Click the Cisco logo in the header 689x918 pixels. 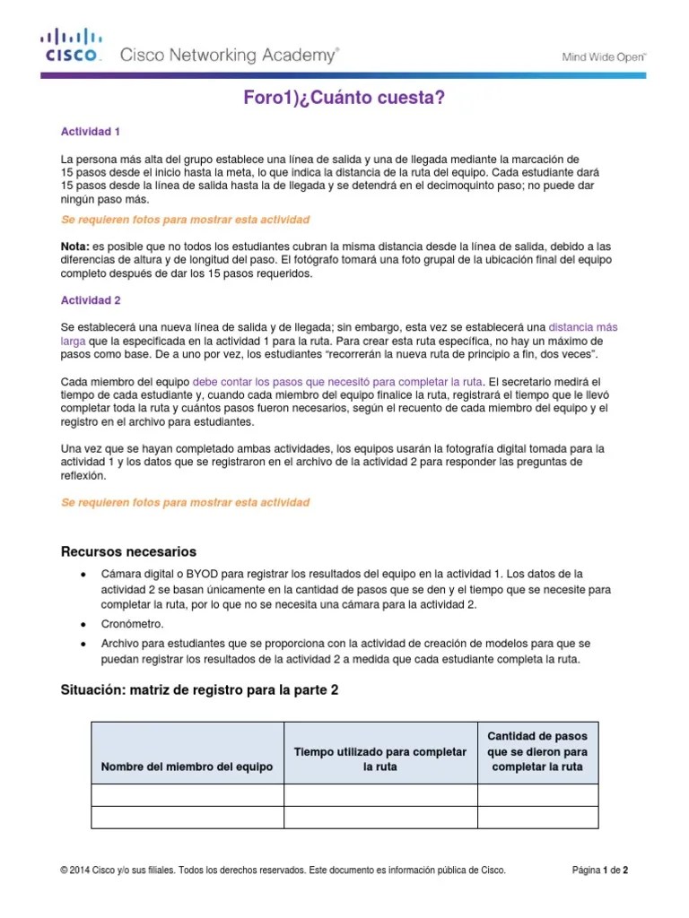(73, 44)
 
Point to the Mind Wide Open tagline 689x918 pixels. (604, 56)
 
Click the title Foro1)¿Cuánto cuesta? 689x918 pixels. (344, 99)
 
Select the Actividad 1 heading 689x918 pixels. (90, 132)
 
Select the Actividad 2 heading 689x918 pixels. (90, 300)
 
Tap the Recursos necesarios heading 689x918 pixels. (127, 551)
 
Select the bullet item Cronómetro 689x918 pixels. (132, 624)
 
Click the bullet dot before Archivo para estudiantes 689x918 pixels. (83, 645)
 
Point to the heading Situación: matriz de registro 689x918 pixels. (198, 690)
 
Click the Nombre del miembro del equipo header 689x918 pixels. (187, 767)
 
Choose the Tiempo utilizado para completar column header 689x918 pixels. (380, 758)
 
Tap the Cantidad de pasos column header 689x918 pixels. (537, 751)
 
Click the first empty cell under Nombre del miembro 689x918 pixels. (188, 795)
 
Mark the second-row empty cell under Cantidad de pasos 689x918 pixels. (537, 817)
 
